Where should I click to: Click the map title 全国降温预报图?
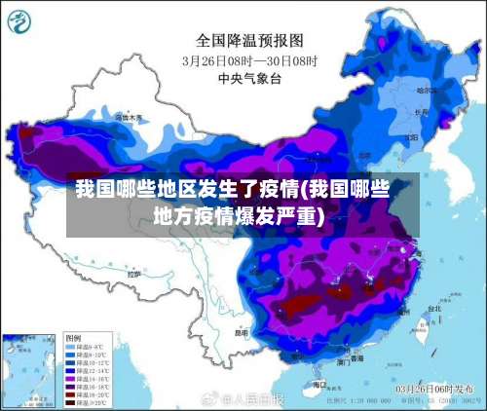coord(250,40)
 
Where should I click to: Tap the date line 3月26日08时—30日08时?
coord(250,59)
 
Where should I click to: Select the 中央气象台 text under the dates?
coord(250,78)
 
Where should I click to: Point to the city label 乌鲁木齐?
coord(128,118)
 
